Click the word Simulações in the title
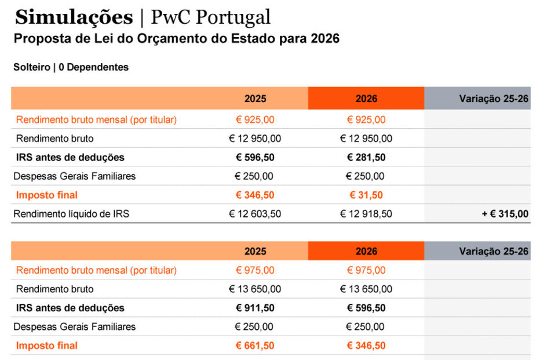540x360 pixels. (74, 17)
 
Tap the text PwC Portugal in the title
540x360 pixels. (210, 17)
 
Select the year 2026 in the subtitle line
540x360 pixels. (324, 39)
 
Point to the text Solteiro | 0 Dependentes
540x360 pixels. (71, 67)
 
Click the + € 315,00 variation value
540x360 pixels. (505, 214)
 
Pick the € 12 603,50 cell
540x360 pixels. (255, 214)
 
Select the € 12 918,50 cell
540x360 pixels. (366, 214)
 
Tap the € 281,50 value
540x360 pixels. (366, 158)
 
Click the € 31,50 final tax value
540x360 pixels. (366, 195)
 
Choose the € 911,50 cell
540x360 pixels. (255, 308)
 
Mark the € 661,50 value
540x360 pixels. (255, 346)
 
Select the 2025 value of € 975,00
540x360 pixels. (255, 270)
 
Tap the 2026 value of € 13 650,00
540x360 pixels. (366, 289)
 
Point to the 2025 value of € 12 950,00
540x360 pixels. (255, 139)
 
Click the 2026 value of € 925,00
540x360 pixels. (366, 120)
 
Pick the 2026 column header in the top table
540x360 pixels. (366, 99)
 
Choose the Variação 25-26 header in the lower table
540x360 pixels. (494, 251)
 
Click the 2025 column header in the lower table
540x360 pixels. (255, 251)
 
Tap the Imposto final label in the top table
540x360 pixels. (47, 195)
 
